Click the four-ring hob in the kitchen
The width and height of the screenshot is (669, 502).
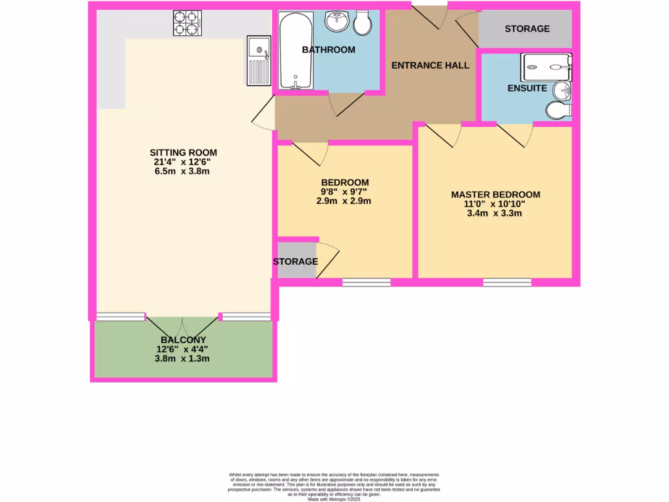pos(187,24)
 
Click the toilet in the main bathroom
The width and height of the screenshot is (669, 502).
pos(363,24)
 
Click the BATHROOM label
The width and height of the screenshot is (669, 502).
pos(329,50)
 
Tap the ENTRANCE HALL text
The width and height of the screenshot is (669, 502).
pos(430,65)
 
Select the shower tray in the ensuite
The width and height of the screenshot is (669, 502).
pos(546,66)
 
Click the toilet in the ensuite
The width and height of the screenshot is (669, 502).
pos(558,111)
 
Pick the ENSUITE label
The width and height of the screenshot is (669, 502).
pos(527,88)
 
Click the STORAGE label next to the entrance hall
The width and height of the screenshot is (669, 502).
pos(527,29)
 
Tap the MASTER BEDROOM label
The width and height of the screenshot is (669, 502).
pos(495,194)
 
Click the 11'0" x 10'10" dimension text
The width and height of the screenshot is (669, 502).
pos(495,203)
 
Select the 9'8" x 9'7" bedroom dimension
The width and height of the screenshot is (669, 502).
pos(344,192)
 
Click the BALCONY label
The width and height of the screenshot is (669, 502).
pos(183,340)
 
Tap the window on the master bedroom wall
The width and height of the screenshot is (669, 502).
pos(507,282)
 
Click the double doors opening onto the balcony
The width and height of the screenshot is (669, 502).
pos(182,325)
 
